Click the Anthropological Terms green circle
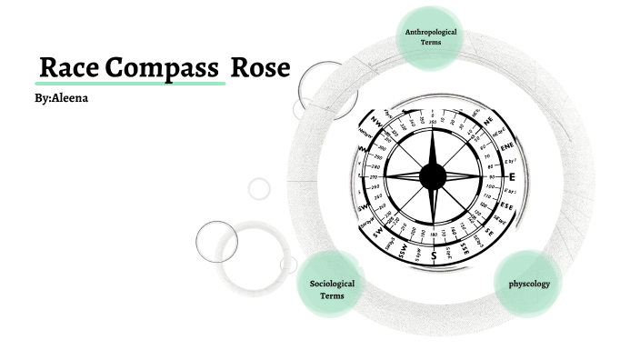(x=431, y=37)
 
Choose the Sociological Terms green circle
(x=332, y=290)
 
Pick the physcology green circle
(x=528, y=285)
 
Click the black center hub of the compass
(x=434, y=175)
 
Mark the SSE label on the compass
(x=464, y=247)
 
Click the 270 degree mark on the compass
(x=372, y=176)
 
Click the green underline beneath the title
(x=131, y=83)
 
